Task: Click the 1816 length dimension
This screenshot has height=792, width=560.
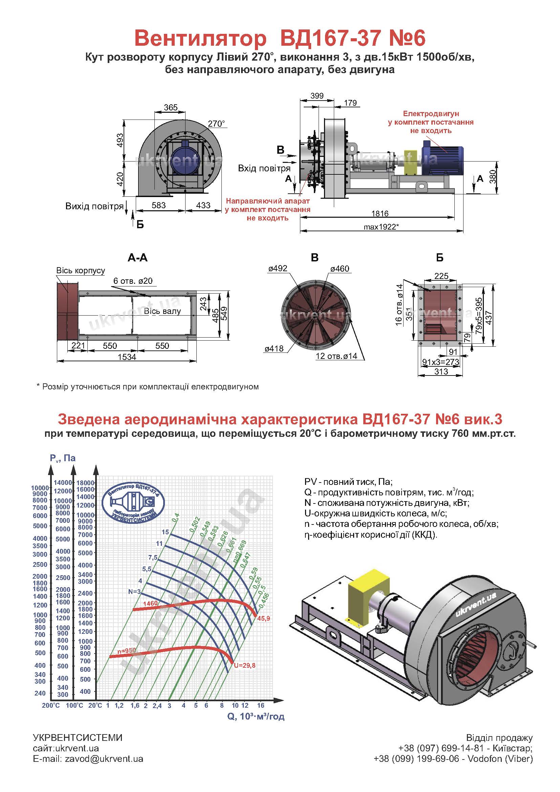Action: [380, 214]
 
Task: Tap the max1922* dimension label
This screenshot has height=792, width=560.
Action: [381, 227]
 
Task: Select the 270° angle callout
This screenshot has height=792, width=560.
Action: [217, 124]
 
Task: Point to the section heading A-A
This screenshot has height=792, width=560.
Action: [137, 258]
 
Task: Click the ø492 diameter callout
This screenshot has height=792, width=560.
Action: [278, 269]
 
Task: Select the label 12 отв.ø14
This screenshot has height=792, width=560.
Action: [337, 356]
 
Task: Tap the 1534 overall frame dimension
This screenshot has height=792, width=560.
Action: [127, 357]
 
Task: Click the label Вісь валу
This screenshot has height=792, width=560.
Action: [163, 311]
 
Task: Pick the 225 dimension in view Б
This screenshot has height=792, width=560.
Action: [441, 276]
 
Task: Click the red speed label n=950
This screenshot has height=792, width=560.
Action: [127, 650]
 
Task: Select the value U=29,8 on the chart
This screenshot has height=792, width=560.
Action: [244, 665]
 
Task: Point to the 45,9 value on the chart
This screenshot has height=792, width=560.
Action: [263, 619]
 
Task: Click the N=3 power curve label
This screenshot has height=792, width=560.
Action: [134, 592]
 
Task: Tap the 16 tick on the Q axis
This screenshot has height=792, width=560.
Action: [261, 705]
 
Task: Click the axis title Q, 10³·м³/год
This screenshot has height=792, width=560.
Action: [256, 716]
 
